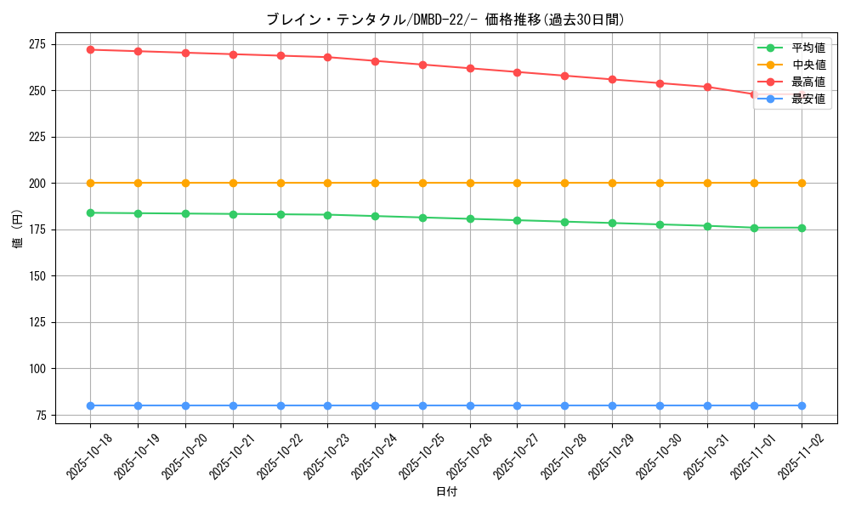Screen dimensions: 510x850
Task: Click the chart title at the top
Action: click(445, 20)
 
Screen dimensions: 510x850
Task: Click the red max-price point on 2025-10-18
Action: click(91, 49)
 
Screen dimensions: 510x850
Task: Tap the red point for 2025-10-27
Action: click(518, 72)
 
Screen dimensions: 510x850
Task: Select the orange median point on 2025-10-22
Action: click(280, 183)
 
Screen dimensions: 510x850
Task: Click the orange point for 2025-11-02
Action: click(802, 183)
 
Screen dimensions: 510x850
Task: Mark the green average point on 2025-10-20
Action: click(185, 213)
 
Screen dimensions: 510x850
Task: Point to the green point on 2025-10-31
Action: click(707, 226)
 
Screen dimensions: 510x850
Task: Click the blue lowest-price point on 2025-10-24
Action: click(375, 405)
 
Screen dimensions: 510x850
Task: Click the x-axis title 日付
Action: click(446, 492)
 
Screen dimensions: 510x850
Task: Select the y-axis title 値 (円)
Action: click(16, 229)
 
